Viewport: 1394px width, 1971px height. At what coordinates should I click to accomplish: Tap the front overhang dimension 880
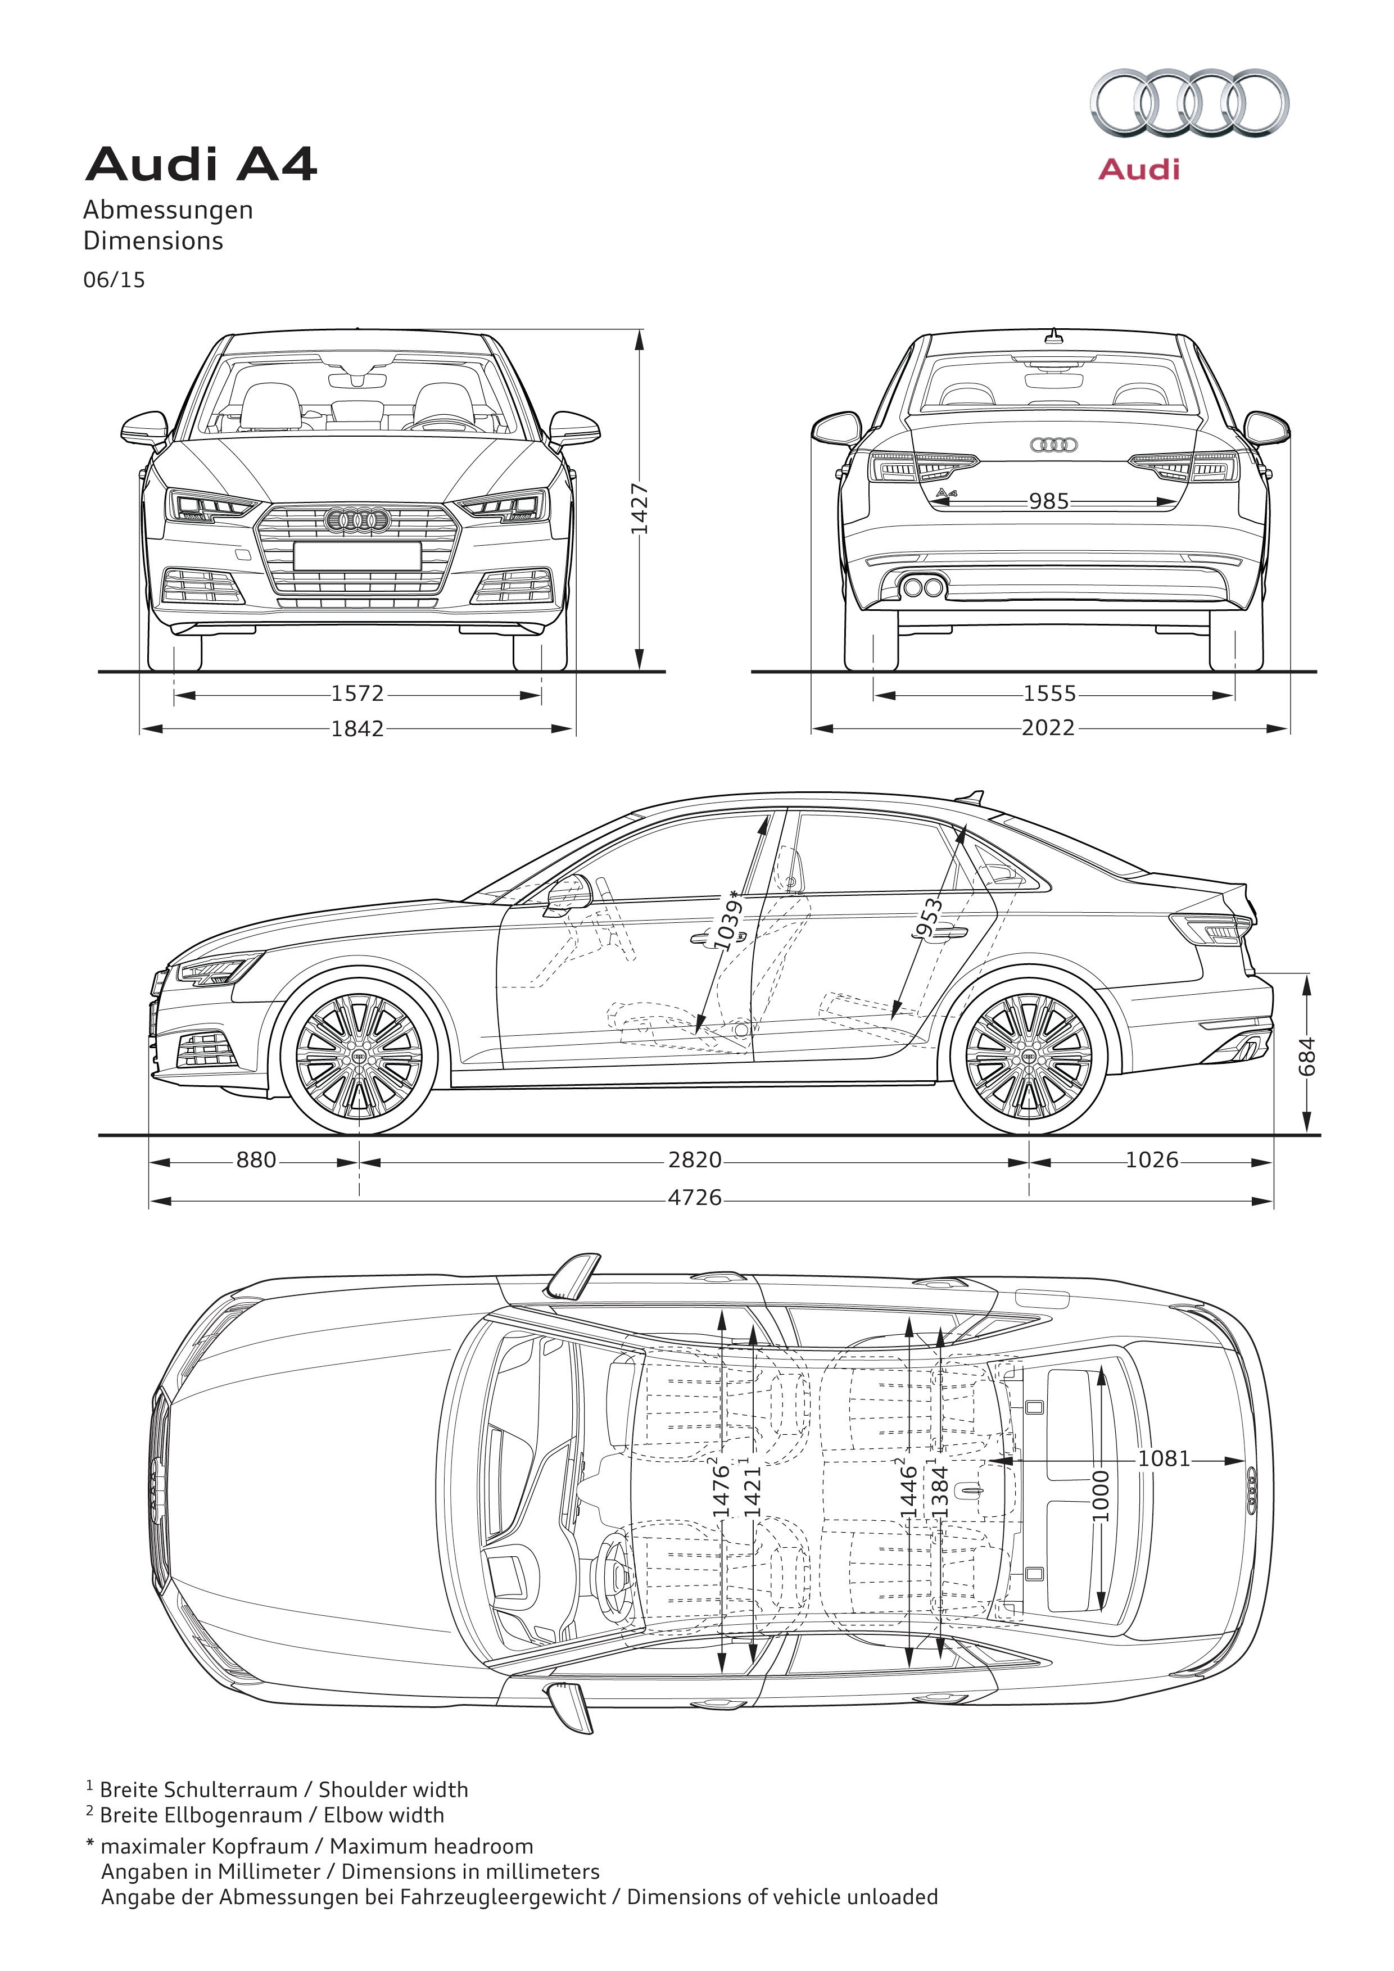click(x=256, y=1160)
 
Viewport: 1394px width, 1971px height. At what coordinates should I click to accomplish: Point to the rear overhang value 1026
click(x=1151, y=1160)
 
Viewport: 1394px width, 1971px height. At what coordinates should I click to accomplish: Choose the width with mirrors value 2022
click(x=1048, y=728)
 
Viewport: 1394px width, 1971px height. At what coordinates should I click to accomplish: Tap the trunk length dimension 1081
click(x=1164, y=1458)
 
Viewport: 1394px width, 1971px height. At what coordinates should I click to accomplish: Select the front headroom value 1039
click(x=729, y=924)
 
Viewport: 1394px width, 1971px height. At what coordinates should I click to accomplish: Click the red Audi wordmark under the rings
click(x=1139, y=169)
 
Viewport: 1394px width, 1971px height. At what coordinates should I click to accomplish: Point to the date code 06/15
click(x=114, y=280)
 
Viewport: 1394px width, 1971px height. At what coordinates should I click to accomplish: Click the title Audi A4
click(x=201, y=164)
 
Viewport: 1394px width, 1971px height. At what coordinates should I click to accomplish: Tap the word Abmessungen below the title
click(x=168, y=210)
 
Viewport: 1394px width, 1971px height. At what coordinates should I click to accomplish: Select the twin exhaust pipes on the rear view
click(x=922, y=587)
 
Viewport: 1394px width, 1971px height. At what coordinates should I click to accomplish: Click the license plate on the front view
click(x=357, y=555)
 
